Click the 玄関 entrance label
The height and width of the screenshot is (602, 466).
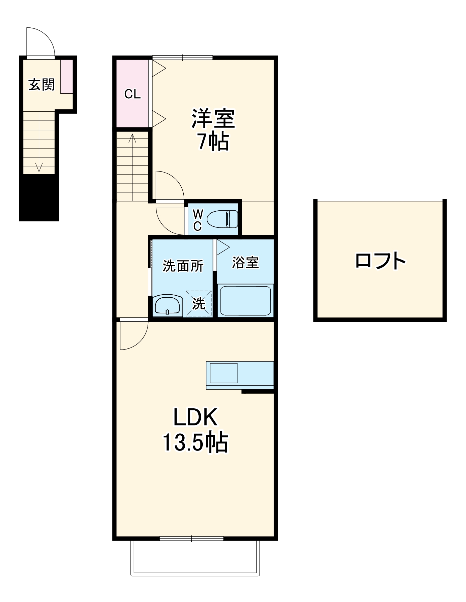(x=41, y=85)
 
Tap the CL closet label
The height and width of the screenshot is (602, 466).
(x=132, y=94)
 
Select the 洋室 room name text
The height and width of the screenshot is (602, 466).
(x=213, y=118)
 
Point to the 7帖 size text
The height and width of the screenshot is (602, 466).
(x=213, y=142)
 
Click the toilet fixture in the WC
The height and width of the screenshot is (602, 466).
(x=222, y=219)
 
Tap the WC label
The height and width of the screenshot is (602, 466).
(x=198, y=220)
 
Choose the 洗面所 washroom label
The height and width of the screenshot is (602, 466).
(x=183, y=266)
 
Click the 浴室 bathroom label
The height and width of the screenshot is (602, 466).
(x=245, y=263)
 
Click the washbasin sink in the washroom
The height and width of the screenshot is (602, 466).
(x=167, y=305)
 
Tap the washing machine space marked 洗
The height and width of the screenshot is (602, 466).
(x=199, y=304)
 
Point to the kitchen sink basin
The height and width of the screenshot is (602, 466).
(x=223, y=373)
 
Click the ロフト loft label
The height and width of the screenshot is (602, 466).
(x=380, y=261)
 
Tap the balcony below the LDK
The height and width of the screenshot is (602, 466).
(x=195, y=557)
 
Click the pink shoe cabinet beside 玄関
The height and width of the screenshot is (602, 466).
(x=66, y=76)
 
